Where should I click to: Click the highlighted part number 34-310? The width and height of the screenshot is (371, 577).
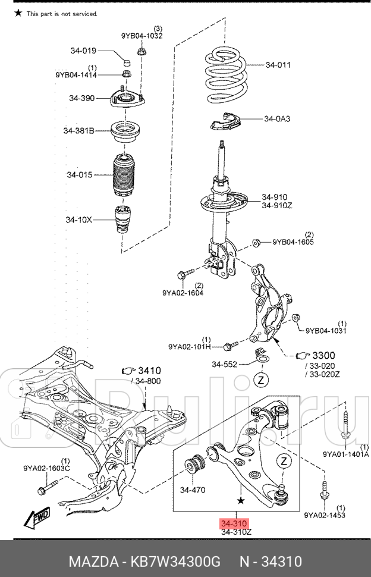pos(234,523)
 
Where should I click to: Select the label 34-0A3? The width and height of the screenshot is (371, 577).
pos(277,120)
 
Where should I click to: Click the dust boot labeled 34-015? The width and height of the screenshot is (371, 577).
pos(126,176)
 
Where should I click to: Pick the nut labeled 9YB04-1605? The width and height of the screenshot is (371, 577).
pos(256,242)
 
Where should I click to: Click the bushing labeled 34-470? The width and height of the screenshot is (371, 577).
pos(194,465)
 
